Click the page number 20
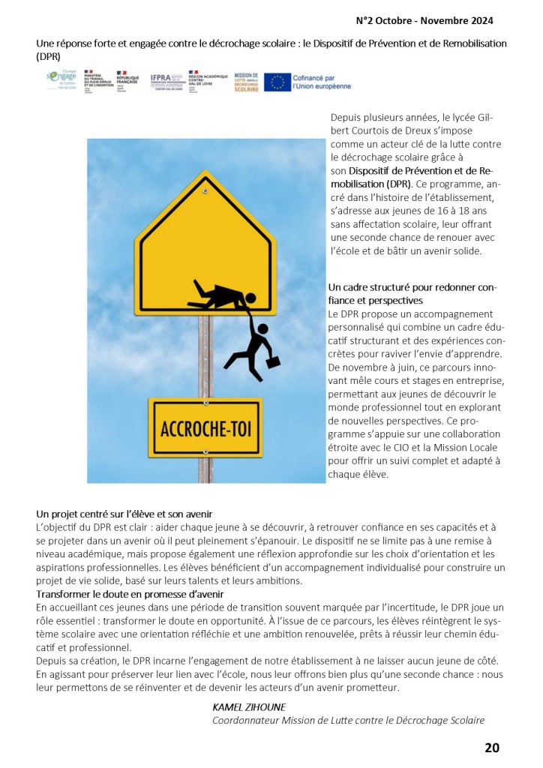pos(491,747)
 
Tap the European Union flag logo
pos(277,82)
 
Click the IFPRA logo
pos(164,79)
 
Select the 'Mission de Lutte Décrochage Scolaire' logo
pos(247,82)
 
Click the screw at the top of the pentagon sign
pos(204,192)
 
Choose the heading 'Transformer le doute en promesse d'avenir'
pos(130,594)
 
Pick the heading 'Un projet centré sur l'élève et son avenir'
pos(124,514)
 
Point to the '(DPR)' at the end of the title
pos(48,56)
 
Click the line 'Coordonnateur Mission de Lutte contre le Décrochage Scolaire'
pos(348,720)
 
